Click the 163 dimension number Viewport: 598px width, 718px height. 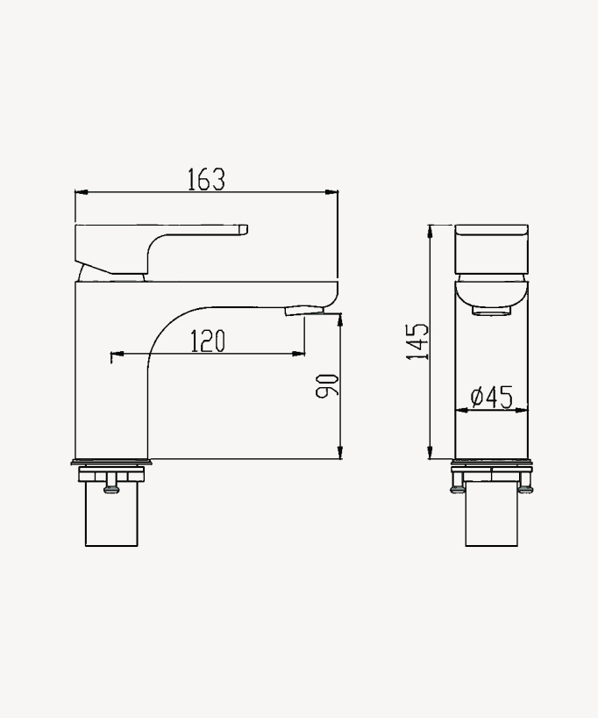pos(206,179)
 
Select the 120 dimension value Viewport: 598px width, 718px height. pos(208,341)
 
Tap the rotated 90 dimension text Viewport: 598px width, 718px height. pos(326,385)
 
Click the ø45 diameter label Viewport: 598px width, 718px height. pos(491,398)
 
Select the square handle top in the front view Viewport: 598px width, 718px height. pos(492,249)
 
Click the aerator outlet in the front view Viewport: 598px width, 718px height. pos(491,310)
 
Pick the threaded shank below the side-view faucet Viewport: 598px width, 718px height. pos(110,518)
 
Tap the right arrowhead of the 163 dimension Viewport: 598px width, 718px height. pos(333,191)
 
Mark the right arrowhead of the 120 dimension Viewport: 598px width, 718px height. pos(300,354)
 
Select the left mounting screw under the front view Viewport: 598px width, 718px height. pos(458,486)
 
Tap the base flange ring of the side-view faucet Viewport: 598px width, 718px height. pos(110,463)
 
